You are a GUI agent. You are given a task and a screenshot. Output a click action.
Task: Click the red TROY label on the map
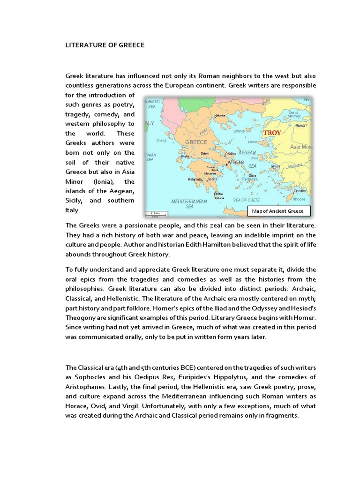tap(273, 133)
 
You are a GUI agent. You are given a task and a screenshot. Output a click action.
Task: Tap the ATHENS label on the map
tap(236, 162)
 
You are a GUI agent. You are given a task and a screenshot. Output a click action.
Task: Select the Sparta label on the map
tap(212, 180)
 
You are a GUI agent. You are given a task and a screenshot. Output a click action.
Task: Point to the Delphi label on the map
tap(205, 153)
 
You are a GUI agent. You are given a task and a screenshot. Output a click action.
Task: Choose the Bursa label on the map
tap(300, 126)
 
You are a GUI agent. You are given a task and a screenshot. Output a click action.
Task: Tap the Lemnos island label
tap(240, 131)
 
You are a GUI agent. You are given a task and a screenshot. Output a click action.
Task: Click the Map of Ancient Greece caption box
tap(278, 211)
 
